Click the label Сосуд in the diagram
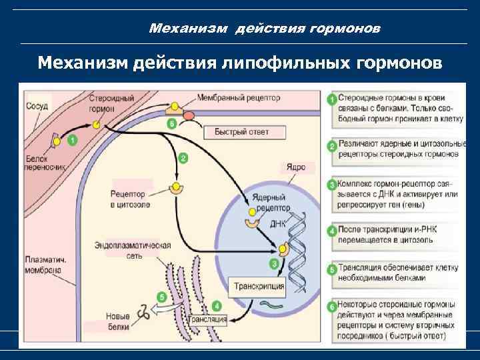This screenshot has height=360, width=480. coord(37,105)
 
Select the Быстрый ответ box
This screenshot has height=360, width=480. coord(241,132)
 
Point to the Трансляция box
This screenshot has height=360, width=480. coord(208,320)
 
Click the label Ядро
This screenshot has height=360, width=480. coord(296,167)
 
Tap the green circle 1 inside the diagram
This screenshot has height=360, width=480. coord(72,140)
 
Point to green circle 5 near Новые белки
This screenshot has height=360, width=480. coord(161,297)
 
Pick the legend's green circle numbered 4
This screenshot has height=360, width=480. coord(331,233)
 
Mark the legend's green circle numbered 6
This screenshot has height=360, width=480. coord(331,307)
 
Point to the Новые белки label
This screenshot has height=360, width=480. coord(117,321)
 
